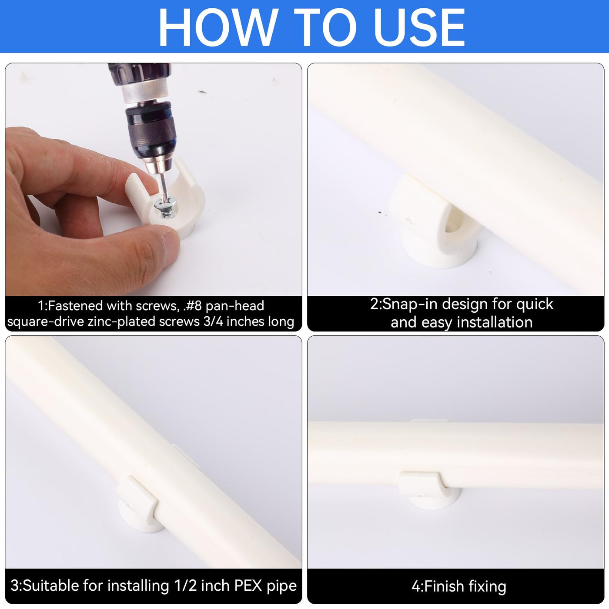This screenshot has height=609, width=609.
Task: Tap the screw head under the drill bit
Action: [x=165, y=207]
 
